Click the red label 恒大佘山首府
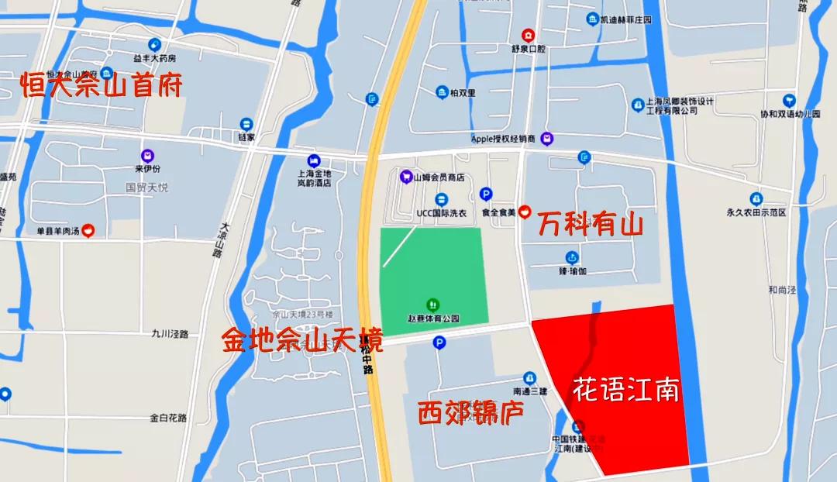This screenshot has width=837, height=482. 102,84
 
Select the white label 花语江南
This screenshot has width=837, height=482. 625,389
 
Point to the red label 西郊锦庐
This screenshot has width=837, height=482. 470,412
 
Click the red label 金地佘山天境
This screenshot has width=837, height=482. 302,339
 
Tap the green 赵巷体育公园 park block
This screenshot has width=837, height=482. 434,275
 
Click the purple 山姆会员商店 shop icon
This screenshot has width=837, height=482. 405,177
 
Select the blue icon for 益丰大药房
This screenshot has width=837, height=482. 154,44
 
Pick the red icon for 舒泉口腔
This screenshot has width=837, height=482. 528,34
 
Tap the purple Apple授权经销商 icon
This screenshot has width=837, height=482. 547,139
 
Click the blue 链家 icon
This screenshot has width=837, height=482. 246,124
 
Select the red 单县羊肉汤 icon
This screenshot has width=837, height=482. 89,230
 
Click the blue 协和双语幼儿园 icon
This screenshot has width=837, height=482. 789,100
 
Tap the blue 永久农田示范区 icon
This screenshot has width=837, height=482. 756,198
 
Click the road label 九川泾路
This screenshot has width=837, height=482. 170,334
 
